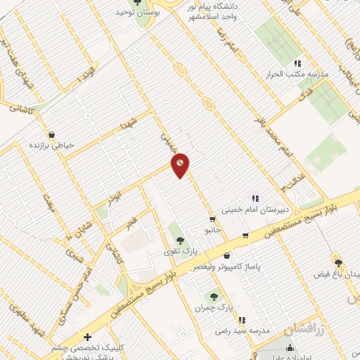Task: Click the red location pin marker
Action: point(181,165)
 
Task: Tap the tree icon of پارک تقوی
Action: point(172,240)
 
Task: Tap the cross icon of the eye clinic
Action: point(86,337)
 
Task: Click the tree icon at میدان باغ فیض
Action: point(338,262)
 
